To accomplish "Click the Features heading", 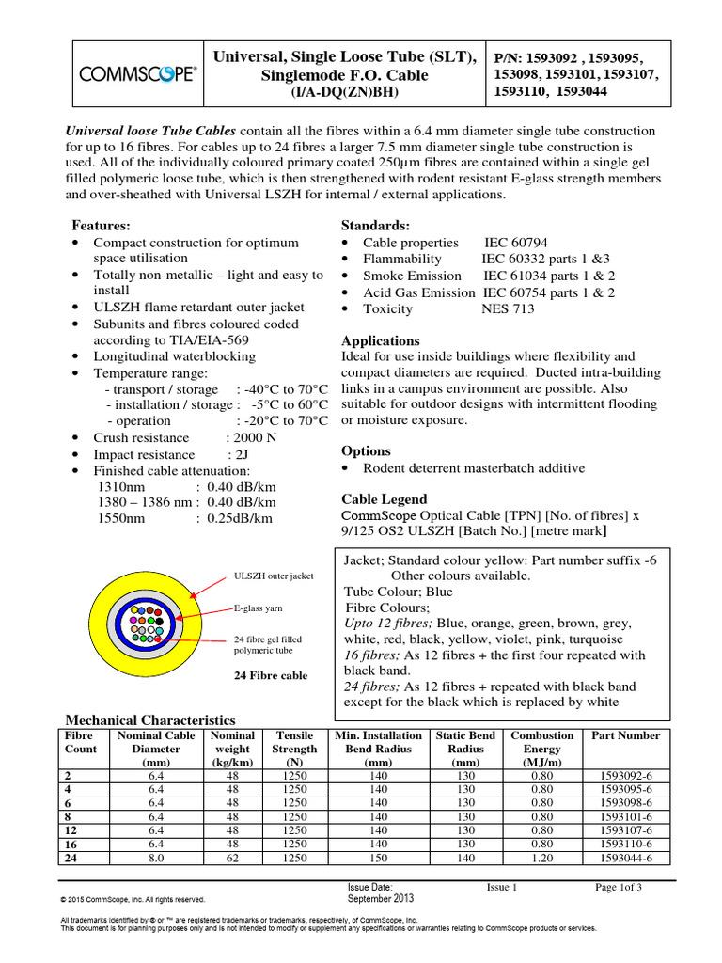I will pos(102,227).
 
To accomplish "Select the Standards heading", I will pos(375,227).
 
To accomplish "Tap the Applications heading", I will pos(380,340).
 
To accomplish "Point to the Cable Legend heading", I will pos(384,499).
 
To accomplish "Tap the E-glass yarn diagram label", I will pos(259,608).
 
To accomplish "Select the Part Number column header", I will pos(628,735).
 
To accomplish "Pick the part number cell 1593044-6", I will pos(628,860).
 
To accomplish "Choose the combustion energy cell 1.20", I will pos(541,860).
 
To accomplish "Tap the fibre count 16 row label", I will pos(70,845).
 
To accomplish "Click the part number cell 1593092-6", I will pos(628,775).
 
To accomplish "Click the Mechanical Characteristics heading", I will pos(150,719).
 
